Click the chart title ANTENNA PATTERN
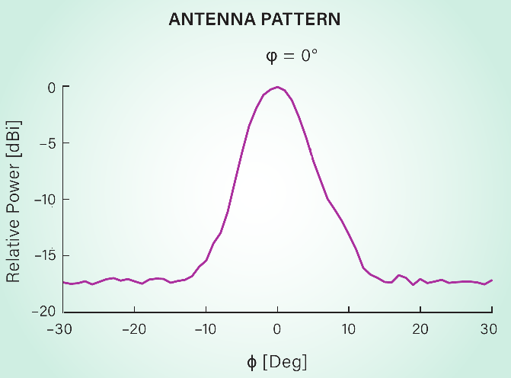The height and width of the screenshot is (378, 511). coord(255,20)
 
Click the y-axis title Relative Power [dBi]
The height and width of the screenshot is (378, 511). coord(14,200)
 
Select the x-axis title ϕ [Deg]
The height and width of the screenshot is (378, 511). coord(276,361)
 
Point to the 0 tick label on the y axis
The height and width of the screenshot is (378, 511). coord(52,87)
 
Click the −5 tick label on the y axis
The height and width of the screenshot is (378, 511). coord(47,143)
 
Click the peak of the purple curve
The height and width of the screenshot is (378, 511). coord(277,87)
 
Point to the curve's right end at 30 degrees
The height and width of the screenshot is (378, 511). coord(491,280)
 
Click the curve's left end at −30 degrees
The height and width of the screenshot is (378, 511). coord(63,283)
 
